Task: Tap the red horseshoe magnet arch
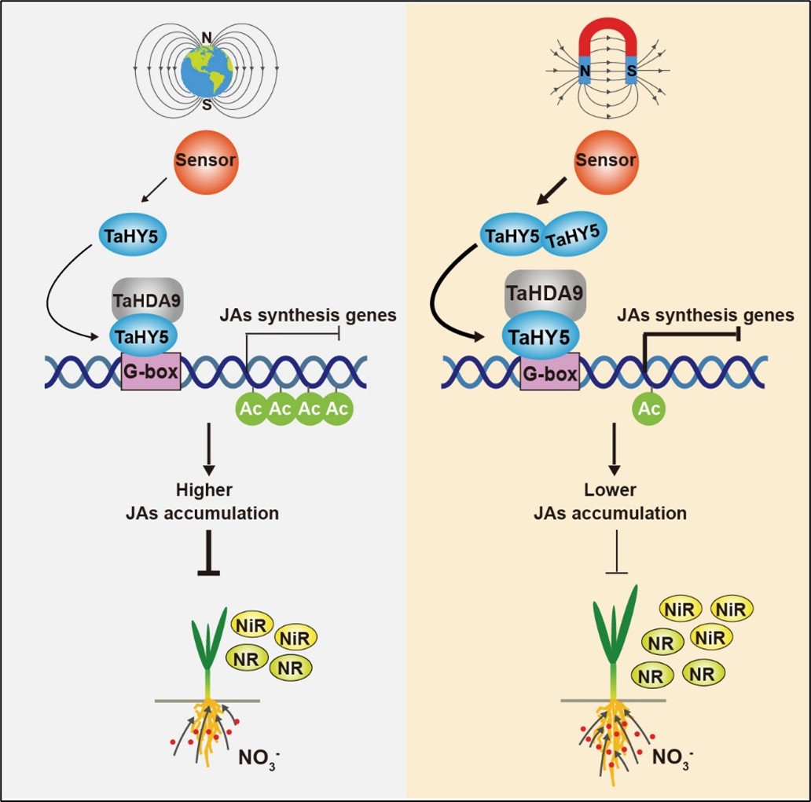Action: tap(608, 41)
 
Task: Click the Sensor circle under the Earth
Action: tap(205, 161)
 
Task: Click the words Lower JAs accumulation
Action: tap(610, 502)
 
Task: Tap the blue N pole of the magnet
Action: tap(585, 73)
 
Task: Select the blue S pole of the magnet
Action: tap(631, 73)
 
